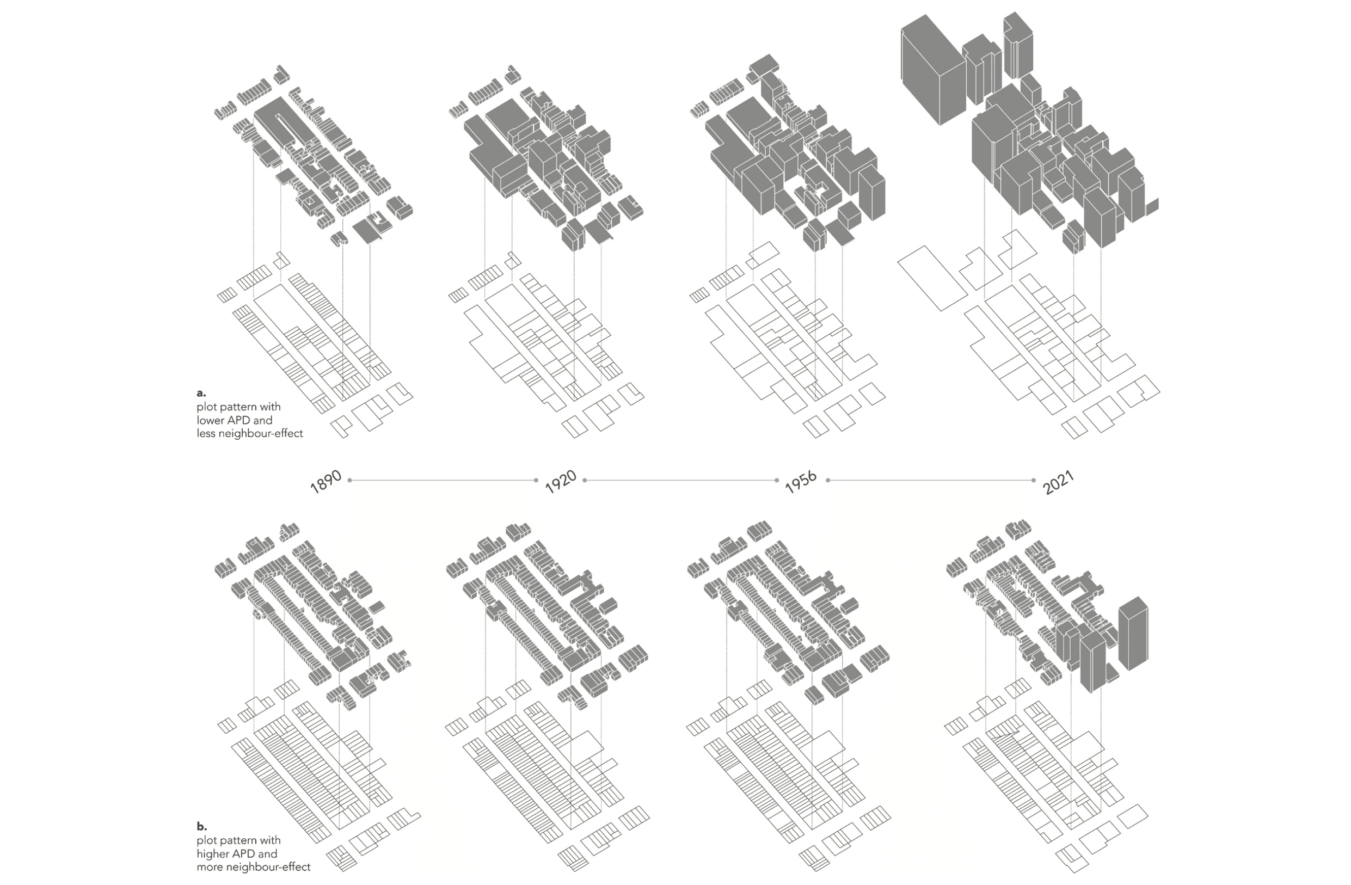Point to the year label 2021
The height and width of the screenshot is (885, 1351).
coord(1059,483)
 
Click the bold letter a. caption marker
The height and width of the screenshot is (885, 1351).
coord(201,393)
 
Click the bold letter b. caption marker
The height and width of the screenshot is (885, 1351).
coord(201,827)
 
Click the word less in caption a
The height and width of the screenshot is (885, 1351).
coord(206,434)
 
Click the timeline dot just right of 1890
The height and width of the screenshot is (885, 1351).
coord(349,480)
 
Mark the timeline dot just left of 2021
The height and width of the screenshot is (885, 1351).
coord(1033,480)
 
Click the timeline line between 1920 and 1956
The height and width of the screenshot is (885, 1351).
coord(681,480)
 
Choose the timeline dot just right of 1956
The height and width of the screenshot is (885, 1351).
coord(827,480)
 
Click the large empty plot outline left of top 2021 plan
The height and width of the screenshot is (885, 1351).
coord(932,278)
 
